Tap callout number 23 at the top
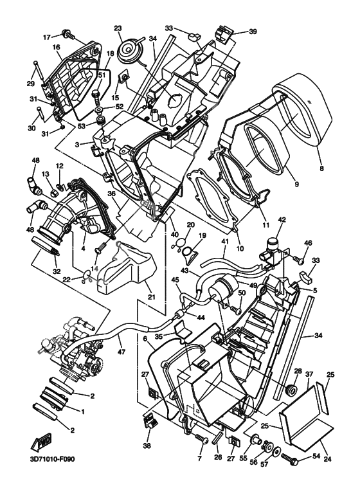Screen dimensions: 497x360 pos(118,28)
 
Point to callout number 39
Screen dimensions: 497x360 pos(253,31)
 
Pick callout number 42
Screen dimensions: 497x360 pos(280,219)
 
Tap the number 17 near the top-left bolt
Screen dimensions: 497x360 pos(46,37)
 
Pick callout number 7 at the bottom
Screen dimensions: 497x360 pos(199,459)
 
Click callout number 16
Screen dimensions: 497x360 pos(56,48)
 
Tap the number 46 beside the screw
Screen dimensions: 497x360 pos(307,244)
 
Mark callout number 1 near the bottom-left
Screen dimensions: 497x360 pos(81,409)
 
